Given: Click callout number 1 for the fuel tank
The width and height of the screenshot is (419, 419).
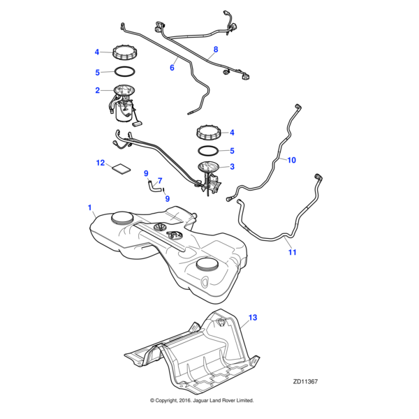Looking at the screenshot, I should (x=89, y=208).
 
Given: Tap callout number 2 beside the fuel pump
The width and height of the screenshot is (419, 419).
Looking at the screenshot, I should (x=98, y=90).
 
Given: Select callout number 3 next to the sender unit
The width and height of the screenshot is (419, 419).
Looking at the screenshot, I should (x=232, y=166).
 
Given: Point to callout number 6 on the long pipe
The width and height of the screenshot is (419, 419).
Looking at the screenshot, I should (x=172, y=68).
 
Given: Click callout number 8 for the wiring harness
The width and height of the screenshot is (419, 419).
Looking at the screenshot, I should (x=215, y=50).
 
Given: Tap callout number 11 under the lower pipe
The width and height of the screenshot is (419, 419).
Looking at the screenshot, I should (x=292, y=251).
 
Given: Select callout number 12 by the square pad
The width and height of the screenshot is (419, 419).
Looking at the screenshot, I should (x=100, y=163).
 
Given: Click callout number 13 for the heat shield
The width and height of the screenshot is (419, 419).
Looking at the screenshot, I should (x=253, y=317).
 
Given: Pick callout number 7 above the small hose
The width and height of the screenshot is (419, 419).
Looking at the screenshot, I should (x=159, y=180).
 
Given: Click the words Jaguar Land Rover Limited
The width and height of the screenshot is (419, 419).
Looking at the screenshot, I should (x=223, y=400).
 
